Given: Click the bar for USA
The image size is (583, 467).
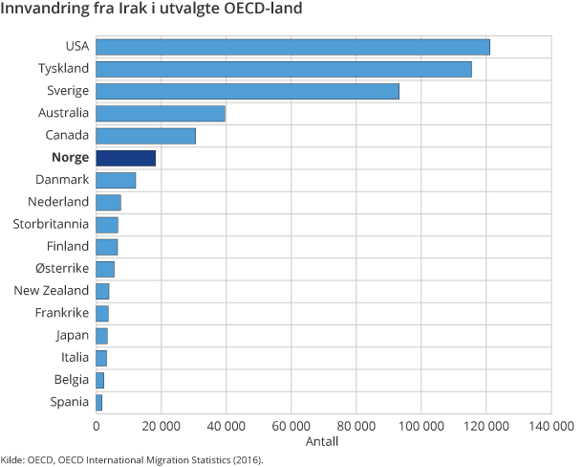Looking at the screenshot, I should (x=292, y=47).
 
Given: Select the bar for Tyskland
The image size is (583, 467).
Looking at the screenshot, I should (x=284, y=69).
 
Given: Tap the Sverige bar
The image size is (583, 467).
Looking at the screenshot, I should (x=248, y=91).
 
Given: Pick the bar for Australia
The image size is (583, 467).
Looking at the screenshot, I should (x=161, y=114).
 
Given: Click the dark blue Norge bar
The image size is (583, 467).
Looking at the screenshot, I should (x=125, y=158).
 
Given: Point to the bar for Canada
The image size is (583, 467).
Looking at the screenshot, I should (x=145, y=136).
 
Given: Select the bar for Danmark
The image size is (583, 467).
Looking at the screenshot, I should (x=116, y=180).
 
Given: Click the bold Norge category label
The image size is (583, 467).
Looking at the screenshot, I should (x=71, y=158).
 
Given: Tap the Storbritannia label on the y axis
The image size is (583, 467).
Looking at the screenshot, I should (x=51, y=224).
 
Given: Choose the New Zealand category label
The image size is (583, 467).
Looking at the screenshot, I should (x=52, y=291).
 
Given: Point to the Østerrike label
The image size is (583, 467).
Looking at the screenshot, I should (x=61, y=269).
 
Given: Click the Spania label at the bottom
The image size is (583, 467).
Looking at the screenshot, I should (x=69, y=402).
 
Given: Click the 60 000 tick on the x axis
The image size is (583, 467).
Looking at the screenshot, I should (x=291, y=427).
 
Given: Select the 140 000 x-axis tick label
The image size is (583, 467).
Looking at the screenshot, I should (x=550, y=427).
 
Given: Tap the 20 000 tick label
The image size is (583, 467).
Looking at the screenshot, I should (x=161, y=427).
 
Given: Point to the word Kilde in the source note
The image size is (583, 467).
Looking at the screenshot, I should (x=12, y=459).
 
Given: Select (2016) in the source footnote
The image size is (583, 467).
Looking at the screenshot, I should (x=243, y=459).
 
